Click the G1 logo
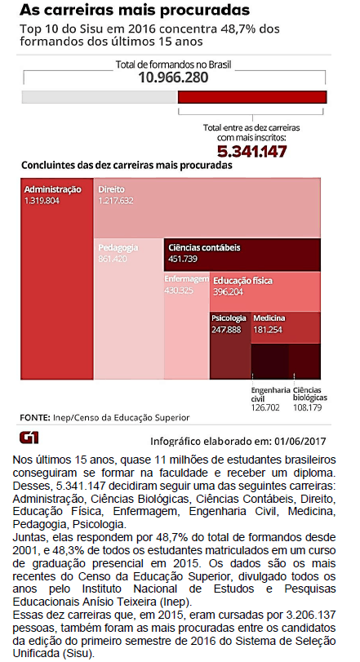pyautogui.click(x=29, y=438)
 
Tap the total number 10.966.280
pyautogui.click(x=173, y=78)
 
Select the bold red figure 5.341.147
pyautogui.click(x=252, y=151)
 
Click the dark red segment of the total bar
pyautogui.click(x=252, y=96)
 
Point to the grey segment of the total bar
pyautogui.click(x=100, y=96)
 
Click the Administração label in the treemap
pyautogui.click(x=53, y=189)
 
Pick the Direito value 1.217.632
pyautogui.click(x=116, y=201)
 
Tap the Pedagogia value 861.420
pyautogui.click(x=113, y=259)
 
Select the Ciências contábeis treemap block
pyautogui.click(x=242, y=255)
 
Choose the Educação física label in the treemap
pyautogui.click(x=242, y=281)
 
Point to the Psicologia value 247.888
pyautogui.click(x=226, y=329)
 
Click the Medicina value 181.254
pyautogui.click(x=268, y=329)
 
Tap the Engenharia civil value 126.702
pyautogui.click(x=265, y=407)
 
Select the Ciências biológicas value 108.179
pyautogui.click(x=308, y=407)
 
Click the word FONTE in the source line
pyautogui.click(x=35, y=418)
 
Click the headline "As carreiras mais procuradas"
pyautogui.click(x=135, y=10)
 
